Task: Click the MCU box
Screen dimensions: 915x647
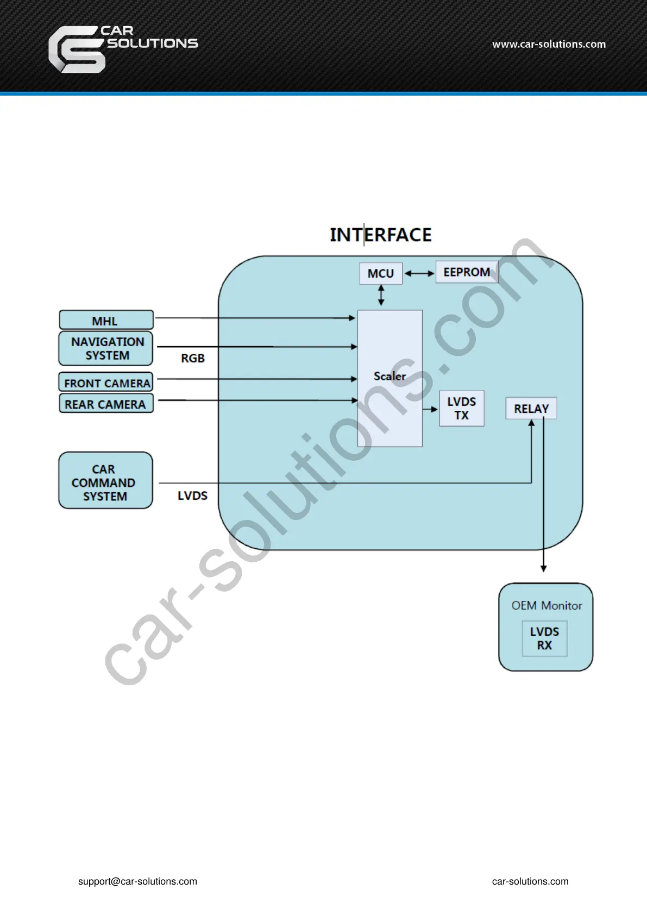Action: tap(381, 273)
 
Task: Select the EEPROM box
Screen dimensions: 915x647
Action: tap(467, 272)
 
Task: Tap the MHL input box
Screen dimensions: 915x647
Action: tap(106, 320)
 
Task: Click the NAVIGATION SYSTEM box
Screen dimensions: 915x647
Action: tap(106, 348)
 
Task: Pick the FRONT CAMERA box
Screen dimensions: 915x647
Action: tap(106, 383)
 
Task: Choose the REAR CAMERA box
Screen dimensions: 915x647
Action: tap(106, 404)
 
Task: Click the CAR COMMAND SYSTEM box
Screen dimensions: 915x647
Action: tap(105, 481)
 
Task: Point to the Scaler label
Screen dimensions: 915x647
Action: tap(390, 376)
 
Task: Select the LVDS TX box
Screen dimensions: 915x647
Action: tap(461, 408)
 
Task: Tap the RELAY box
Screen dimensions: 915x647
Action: tap(531, 409)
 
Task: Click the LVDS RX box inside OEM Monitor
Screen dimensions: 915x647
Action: tap(544, 638)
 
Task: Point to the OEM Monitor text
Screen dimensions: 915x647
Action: tap(546, 605)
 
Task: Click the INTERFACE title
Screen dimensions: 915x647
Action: tap(380, 235)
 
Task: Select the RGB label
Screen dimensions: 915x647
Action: tap(193, 358)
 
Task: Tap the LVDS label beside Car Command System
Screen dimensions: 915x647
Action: tap(192, 496)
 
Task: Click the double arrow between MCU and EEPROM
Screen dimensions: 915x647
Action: tap(419, 273)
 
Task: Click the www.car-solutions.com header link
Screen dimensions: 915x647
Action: tap(549, 45)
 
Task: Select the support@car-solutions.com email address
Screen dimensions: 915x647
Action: tap(137, 881)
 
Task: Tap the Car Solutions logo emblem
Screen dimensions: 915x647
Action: tap(76, 50)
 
